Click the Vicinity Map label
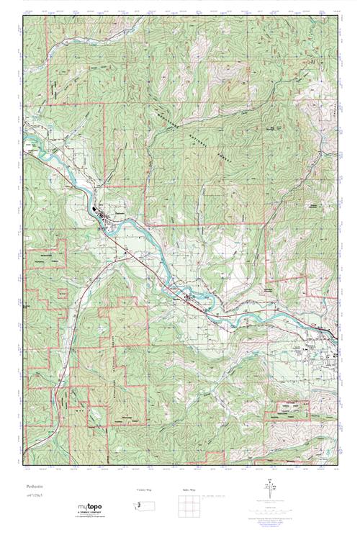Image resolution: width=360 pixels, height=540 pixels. coord(146,490)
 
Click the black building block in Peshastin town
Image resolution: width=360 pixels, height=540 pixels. coord(98,211)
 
